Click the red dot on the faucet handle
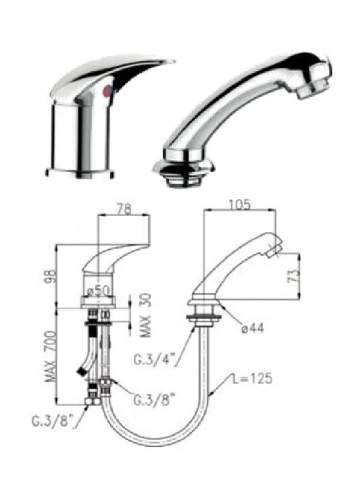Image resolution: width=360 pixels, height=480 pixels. pyautogui.click(x=107, y=91)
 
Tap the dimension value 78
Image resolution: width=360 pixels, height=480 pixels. pyautogui.click(x=124, y=209)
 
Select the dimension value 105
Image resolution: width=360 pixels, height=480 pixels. pyautogui.click(x=240, y=205)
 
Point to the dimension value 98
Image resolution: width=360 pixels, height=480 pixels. pyautogui.click(x=51, y=276)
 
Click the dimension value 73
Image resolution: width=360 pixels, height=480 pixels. pyautogui.click(x=293, y=276)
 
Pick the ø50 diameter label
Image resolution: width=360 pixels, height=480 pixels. pyautogui.click(x=98, y=291)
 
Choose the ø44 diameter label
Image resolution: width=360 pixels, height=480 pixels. pyautogui.click(x=253, y=329)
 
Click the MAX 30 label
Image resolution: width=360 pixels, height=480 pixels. pyautogui.click(x=146, y=315)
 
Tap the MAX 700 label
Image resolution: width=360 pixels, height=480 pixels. pyautogui.click(x=51, y=356)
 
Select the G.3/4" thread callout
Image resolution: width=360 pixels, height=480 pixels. pyautogui.click(x=154, y=359)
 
